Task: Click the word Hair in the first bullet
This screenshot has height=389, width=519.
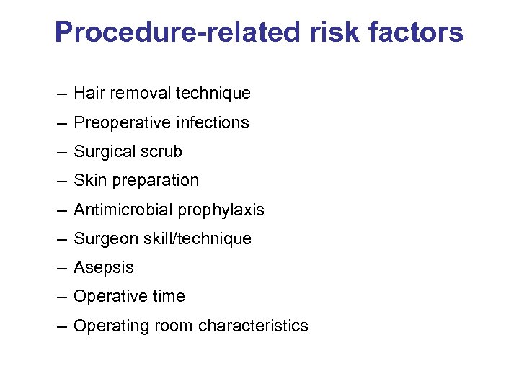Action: pos(88,93)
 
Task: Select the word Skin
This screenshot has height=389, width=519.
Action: pos(88,180)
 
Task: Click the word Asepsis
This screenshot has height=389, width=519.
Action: pos(104,268)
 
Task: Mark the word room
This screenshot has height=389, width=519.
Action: pos(174,326)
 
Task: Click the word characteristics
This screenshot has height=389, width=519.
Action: pos(253,326)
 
